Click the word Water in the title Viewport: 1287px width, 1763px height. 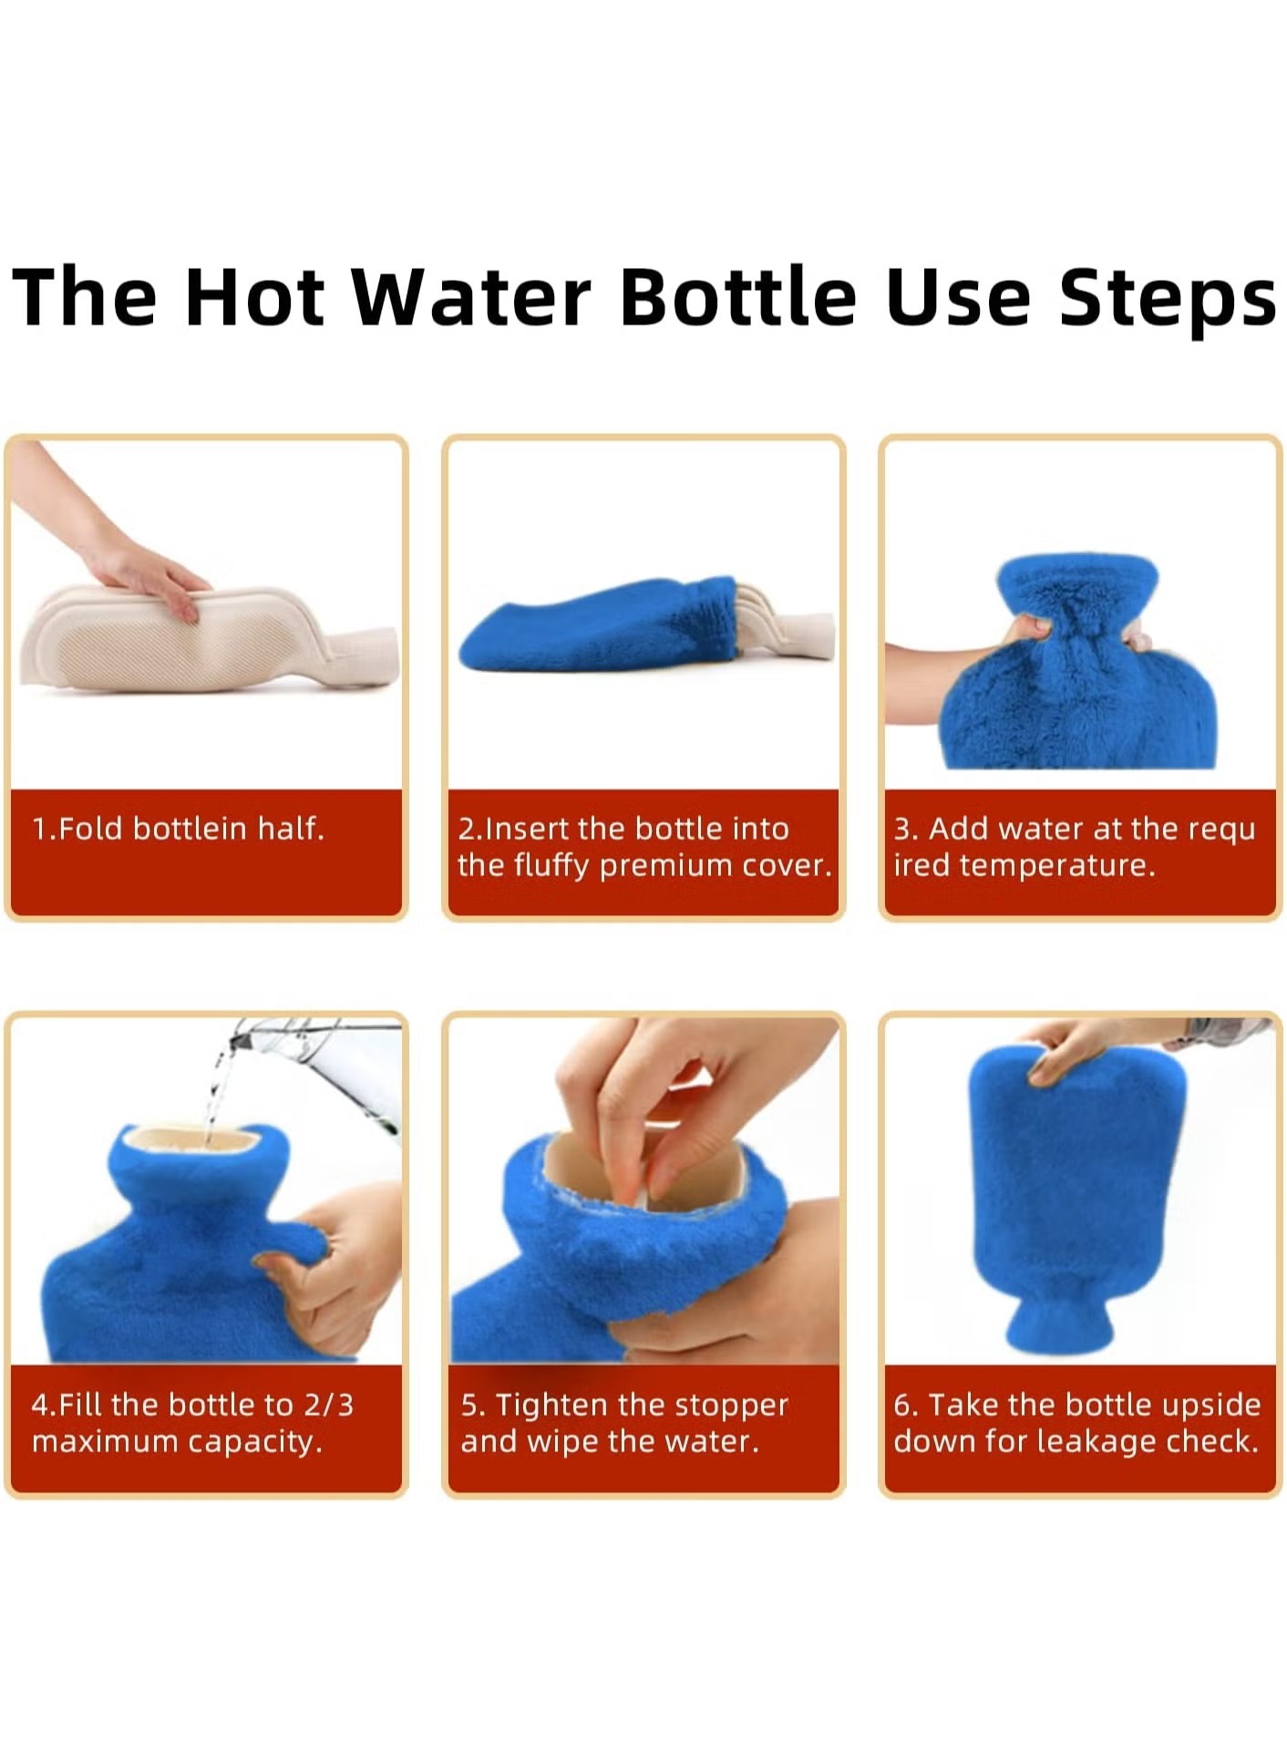(471, 297)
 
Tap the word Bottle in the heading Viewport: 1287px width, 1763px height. (737, 297)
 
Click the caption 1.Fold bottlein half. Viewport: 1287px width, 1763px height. (179, 829)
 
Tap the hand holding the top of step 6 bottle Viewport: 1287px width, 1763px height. (1080, 1048)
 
